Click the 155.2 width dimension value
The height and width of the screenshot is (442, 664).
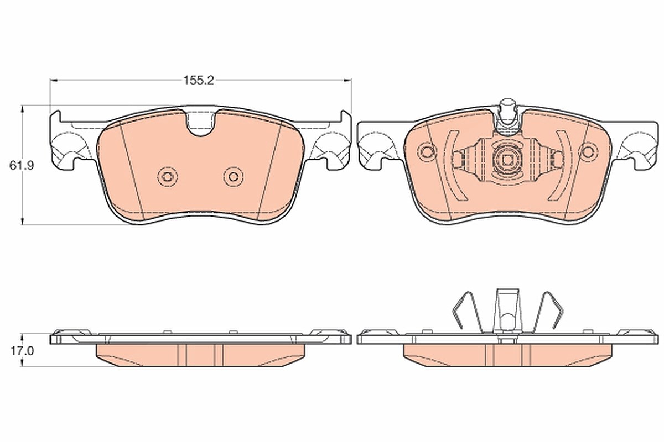point(199,81)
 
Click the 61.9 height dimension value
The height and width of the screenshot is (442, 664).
point(22,166)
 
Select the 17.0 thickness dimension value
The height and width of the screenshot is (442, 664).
point(22,351)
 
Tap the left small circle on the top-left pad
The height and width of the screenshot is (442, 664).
point(168,177)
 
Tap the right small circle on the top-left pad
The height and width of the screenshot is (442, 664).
point(234,177)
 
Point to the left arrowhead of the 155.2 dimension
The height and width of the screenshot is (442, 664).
point(54,80)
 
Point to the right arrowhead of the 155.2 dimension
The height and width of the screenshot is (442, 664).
point(347,80)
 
